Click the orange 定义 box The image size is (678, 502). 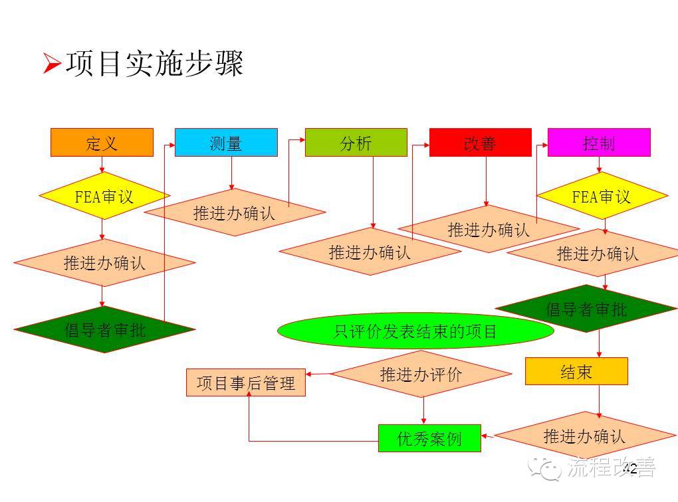click(102, 143)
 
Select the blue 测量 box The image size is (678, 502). click(226, 143)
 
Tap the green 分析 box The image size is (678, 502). click(356, 143)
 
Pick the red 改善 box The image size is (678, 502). click(480, 143)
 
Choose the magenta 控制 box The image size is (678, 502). click(598, 143)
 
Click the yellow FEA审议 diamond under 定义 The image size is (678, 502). click(104, 196)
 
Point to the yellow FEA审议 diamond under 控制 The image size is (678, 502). click(602, 197)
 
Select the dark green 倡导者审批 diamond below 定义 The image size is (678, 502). click(104, 329)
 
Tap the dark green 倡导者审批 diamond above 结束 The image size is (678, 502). click(586, 309)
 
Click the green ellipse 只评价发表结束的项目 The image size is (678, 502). click(415, 331)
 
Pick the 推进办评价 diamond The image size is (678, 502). click(421, 374)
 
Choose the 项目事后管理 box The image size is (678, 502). click(246, 382)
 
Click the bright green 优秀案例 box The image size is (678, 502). click(429, 438)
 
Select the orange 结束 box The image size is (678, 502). click(576, 371)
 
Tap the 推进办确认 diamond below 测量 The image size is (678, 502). click(234, 212)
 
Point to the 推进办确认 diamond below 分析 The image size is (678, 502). click(370, 252)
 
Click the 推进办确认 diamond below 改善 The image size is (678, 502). click(488, 229)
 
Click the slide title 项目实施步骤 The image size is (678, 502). click(154, 64)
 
